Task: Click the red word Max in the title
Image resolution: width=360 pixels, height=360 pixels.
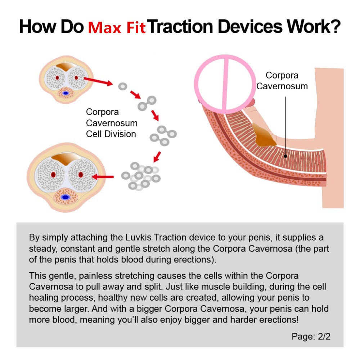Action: coord(105,27)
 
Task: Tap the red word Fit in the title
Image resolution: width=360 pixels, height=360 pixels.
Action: coord(135,27)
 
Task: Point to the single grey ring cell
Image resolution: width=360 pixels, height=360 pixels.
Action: coord(123,86)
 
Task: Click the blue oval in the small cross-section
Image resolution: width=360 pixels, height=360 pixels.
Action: coord(66,93)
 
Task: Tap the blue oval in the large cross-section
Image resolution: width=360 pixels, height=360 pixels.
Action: coord(66,197)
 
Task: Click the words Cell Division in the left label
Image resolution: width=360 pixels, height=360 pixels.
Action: coord(111,134)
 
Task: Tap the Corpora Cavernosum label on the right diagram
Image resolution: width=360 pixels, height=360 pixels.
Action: coord(282,81)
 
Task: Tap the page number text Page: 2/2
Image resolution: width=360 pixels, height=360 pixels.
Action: coord(311,336)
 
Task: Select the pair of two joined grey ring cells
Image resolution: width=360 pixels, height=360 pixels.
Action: coord(147,103)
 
